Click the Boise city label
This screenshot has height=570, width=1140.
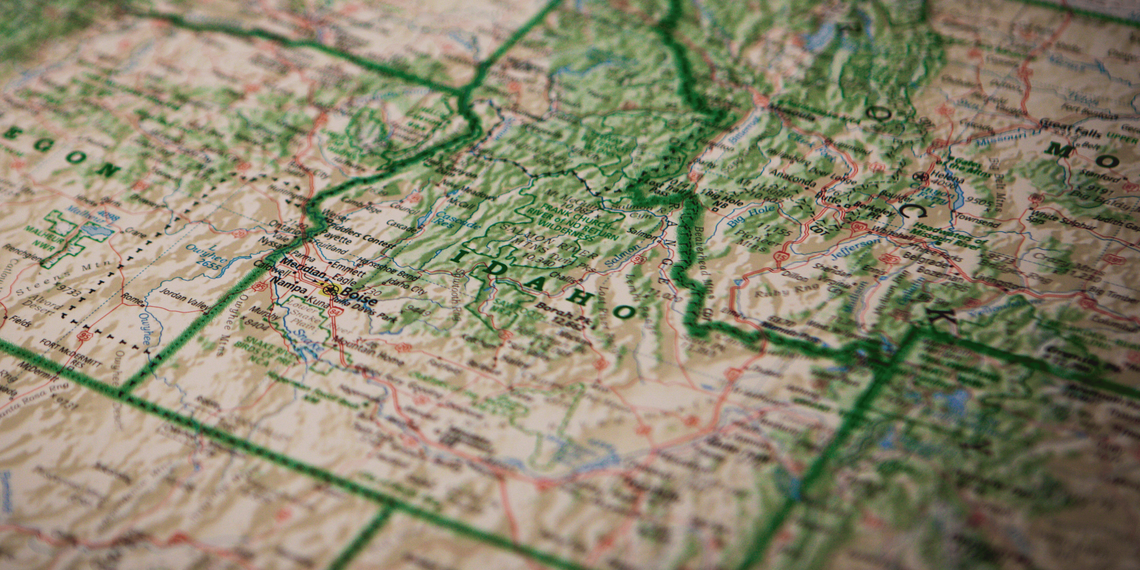[360, 296]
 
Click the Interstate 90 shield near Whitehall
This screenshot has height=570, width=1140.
[859, 226]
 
